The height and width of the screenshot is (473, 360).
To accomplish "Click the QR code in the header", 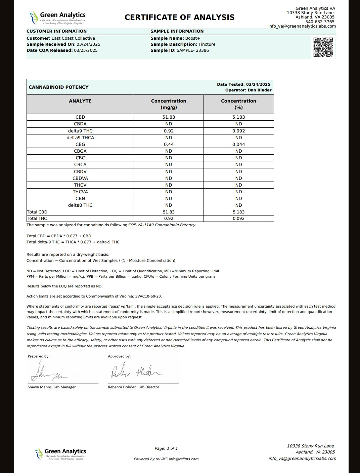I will [323, 47].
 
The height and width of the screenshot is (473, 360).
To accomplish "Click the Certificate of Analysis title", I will [179, 17].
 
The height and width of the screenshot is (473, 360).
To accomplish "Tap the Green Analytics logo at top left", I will [58, 17].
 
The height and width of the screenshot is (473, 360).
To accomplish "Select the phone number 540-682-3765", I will [320, 22].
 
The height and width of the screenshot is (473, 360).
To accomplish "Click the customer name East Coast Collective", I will [73, 38].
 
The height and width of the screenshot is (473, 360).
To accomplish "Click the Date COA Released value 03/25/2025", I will [86, 50].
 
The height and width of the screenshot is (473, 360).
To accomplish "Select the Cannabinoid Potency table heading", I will [58, 87].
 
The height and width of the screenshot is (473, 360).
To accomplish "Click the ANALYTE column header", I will [80, 101].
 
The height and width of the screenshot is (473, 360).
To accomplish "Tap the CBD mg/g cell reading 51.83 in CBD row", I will [169, 117].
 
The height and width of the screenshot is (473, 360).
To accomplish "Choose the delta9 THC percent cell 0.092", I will [238, 131].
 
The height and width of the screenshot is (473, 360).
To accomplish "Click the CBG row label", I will [80, 144].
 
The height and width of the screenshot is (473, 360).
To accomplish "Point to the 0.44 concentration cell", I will [169, 144].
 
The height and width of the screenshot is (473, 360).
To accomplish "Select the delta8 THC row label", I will [80, 205].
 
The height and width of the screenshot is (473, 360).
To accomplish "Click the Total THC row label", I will [37, 219].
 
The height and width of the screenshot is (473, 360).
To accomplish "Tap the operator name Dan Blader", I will [260, 90].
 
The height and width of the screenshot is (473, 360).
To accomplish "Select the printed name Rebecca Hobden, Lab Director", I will [134, 387].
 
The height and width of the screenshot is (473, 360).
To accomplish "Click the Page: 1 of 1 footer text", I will [166, 448].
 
